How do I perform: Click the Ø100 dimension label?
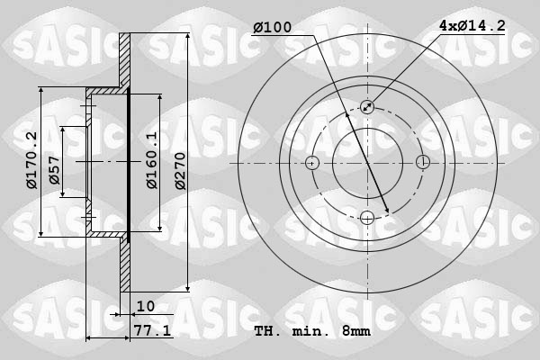[272, 28]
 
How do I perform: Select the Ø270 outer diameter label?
[180, 169]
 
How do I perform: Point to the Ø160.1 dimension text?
[152, 160]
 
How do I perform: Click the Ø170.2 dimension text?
[31, 160]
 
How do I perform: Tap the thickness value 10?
[146, 306]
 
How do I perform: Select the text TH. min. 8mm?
[311, 331]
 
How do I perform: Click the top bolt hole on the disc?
[367, 107]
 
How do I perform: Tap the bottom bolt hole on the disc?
[367, 218]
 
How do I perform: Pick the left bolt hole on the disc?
[312, 163]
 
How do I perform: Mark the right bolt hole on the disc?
[422, 163]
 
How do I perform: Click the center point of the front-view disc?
[367, 163]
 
